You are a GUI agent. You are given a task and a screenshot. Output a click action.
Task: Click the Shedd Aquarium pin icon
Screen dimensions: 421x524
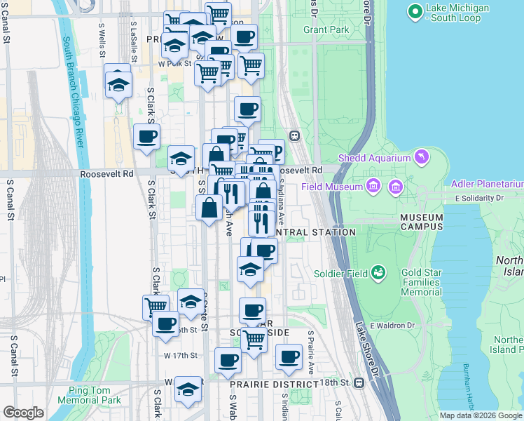(421, 156)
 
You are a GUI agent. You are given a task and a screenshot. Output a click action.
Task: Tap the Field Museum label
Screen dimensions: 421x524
(332, 187)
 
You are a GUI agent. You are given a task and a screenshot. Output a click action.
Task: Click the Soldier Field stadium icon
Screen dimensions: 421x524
(379, 272)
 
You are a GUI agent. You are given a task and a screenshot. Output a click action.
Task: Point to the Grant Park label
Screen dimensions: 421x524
(326, 30)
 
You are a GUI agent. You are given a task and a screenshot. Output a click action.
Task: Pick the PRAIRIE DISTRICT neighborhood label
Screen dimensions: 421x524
(275, 385)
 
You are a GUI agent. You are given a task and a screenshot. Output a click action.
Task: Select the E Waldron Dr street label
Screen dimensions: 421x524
(393, 325)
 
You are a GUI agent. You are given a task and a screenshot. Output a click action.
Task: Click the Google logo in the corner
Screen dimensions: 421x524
(23, 413)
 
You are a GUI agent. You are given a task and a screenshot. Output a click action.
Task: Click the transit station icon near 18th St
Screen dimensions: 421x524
(359, 382)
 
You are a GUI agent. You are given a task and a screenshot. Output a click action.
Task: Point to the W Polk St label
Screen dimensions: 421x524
(173, 64)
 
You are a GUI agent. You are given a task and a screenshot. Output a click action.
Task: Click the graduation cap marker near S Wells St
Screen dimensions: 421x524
(118, 84)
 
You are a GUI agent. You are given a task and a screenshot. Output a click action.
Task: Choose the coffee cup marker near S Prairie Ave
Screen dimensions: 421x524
(288, 356)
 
